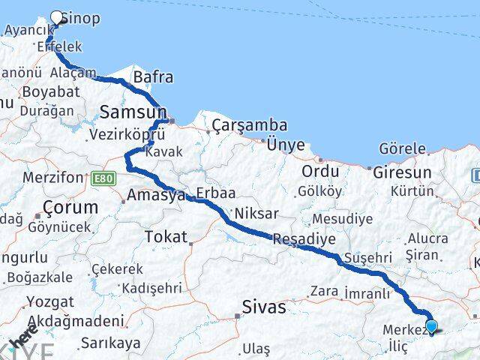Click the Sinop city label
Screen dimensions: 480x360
[79, 18]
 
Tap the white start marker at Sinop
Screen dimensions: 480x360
[58, 16]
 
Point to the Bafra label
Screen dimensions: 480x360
[153, 77]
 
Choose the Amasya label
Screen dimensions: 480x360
[156, 196]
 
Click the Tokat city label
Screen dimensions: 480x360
[165, 236]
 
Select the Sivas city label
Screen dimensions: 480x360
[264, 306]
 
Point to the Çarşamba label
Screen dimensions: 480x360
[238, 124]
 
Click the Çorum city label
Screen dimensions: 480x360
[70, 206]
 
